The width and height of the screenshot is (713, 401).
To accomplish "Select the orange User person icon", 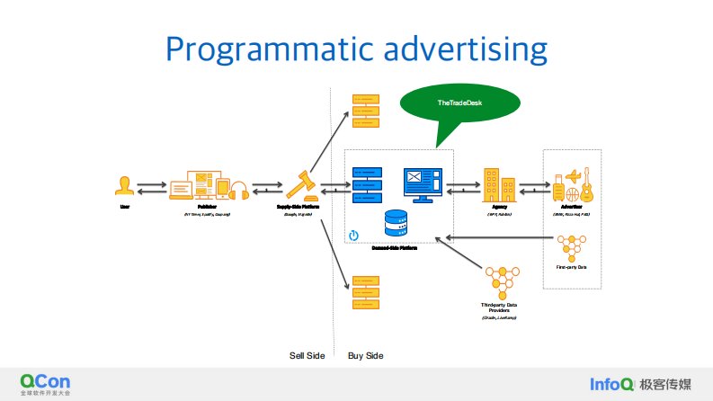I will [x=125, y=186].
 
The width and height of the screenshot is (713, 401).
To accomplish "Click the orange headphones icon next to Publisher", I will [x=239, y=190].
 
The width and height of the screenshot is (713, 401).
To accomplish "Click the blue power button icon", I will [x=353, y=236].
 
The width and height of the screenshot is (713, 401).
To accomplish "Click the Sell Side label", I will [x=306, y=356].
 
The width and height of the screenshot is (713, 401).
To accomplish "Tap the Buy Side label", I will [x=365, y=356].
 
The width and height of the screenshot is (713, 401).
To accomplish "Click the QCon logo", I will [x=46, y=383].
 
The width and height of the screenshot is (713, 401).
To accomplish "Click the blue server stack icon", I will [x=368, y=184].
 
